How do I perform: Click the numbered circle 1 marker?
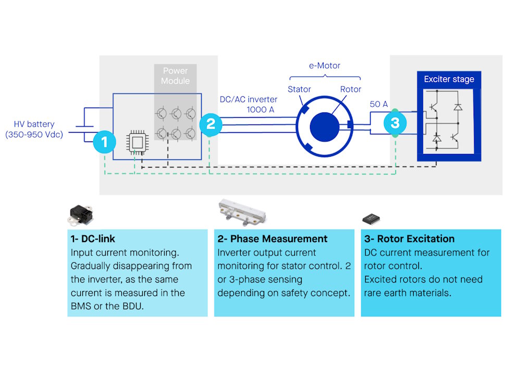[105, 141]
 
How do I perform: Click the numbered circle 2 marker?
[210, 124]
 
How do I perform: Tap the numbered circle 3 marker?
[395, 123]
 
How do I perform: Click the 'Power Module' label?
[175, 76]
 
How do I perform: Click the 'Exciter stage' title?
[449, 79]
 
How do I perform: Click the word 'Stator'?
[299, 89]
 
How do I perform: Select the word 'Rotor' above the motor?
[351, 89]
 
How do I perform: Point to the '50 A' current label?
[379, 104]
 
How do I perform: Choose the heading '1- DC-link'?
[92, 238]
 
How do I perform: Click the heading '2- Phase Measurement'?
[272, 238]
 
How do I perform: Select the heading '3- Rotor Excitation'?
[408, 238]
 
